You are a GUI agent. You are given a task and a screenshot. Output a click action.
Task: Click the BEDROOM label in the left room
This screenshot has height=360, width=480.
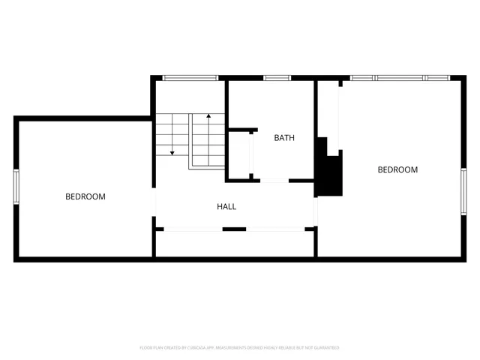pyautogui.click(x=85, y=196)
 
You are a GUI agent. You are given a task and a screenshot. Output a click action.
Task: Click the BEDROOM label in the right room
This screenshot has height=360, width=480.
pyautogui.click(x=397, y=169)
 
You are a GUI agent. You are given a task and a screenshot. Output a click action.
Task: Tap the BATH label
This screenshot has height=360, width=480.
pyautogui.click(x=284, y=137)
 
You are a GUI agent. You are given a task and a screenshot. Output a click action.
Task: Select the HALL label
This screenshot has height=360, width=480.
pyautogui.click(x=227, y=206)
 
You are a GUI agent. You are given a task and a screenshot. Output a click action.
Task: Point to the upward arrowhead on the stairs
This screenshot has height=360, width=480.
pyautogui.click(x=208, y=118)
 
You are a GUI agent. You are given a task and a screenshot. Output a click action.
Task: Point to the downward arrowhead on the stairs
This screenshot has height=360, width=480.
pyautogui.click(x=172, y=152)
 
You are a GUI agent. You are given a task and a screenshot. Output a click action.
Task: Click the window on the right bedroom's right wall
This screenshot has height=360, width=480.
pyautogui.click(x=463, y=191)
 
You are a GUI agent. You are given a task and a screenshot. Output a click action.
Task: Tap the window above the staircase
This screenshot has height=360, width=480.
pyautogui.click(x=190, y=77)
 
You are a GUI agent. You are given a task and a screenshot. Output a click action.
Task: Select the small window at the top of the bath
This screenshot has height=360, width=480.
pyautogui.click(x=277, y=77)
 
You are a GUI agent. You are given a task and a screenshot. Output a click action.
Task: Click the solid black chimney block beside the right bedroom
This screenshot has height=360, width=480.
pyautogui.click(x=328, y=169)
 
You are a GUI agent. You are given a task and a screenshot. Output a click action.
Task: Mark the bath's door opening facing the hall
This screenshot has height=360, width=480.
pyautogui.click(x=274, y=181)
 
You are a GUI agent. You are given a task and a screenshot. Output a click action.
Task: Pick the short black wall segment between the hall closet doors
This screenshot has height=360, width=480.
pyautogui.click(x=235, y=229)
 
